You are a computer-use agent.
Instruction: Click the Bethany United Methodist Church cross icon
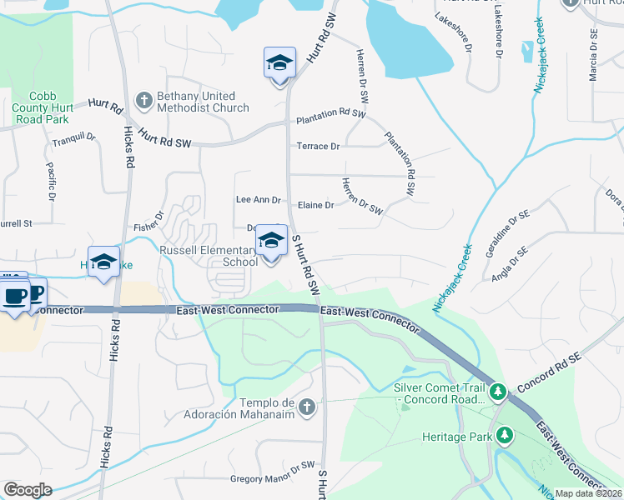143,101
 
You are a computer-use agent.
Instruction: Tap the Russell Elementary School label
209,256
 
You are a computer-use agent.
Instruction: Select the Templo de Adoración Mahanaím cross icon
307,407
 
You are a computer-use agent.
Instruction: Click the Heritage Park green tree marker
504,435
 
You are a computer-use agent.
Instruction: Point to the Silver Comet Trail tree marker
498,391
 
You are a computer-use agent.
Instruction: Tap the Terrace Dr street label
319,147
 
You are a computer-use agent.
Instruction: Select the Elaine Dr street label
315,205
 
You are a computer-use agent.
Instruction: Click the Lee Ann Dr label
258,200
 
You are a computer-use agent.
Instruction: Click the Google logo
28,490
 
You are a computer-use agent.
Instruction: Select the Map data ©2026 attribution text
588,493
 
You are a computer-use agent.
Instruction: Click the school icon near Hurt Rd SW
280,63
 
